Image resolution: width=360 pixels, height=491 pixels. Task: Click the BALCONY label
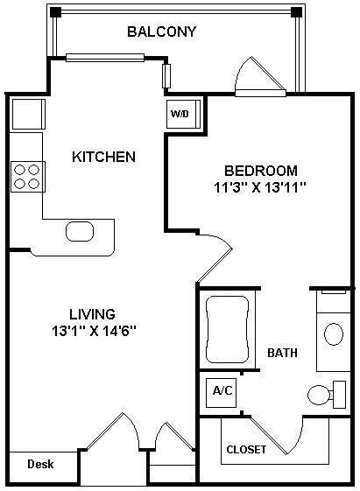(x=161, y=32)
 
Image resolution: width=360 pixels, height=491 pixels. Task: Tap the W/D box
(x=179, y=114)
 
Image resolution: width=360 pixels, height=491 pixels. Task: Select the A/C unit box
(x=220, y=390)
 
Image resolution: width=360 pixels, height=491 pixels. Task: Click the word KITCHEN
(x=103, y=158)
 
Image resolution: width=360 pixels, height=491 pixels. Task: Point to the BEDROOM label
(x=261, y=171)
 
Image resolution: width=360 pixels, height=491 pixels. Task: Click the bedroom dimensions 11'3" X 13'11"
(x=261, y=187)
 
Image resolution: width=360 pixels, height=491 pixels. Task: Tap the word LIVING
(x=93, y=313)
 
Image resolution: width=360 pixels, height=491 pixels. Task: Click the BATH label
(x=282, y=354)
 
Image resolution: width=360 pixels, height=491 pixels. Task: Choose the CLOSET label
(x=246, y=449)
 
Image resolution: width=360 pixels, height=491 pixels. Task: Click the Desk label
(x=38, y=464)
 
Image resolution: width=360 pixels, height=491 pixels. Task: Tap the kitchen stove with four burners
(x=26, y=176)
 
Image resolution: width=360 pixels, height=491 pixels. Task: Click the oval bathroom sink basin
(x=334, y=334)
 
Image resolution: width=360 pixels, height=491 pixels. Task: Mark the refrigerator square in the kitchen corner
(x=27, y=114)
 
